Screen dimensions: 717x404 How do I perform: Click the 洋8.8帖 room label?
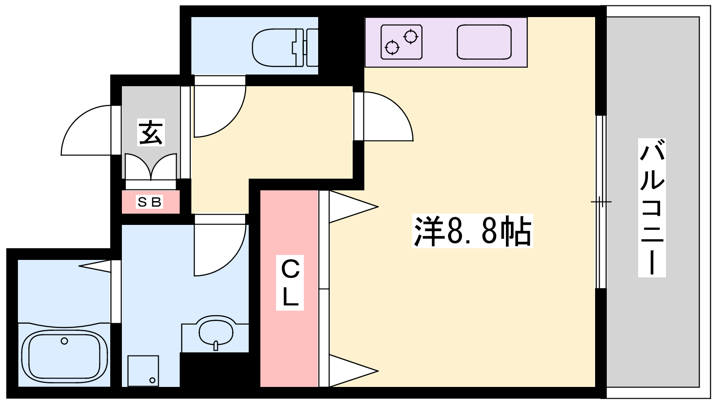click(x=472, y=231)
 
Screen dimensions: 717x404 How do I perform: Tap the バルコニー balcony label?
click(x=652, y=208)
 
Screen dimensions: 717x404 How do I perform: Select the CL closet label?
click(x=290, y=283)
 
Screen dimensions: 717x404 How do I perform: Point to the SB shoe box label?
click(x=150, y=202)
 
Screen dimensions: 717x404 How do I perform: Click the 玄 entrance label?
click(x=151, y=132)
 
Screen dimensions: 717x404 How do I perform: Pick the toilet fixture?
click(x=285, y=48)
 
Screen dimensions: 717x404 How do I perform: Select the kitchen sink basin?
click(x=484, y=42)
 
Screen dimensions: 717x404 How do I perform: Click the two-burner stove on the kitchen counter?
click(x=402, y=42)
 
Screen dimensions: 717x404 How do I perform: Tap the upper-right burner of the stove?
click(x=410, y=36)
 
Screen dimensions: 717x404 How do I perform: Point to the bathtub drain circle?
click(x=65, y=341)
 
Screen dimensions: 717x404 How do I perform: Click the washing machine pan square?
click(x=143, y=371)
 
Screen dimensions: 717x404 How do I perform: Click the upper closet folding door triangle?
click(x=354, y=207)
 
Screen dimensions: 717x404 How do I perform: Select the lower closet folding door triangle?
click(x=354, y=371)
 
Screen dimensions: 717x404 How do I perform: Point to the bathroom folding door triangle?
click(x=95, y=266)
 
